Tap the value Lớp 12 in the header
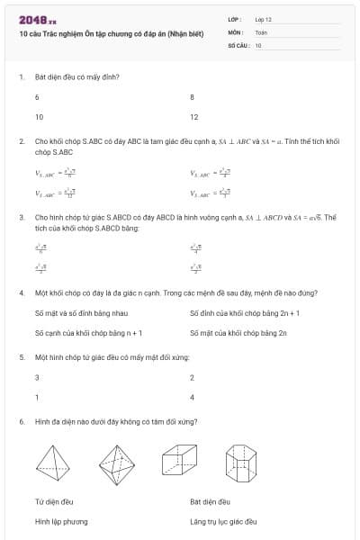tap(263, 19)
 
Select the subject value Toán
tap(261, 31)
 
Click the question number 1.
tap(21, 76)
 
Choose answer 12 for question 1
tap(193, 117)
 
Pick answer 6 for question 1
tap(37, 96)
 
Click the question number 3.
tap(21, 217)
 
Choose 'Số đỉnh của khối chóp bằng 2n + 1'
tap(232, 313)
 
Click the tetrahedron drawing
tap(56, 461)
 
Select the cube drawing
tap(177, 461)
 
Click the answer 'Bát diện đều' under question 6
tap(211, 501)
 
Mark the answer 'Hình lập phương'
tap(61, 521)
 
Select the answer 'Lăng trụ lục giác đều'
tap(223, 521)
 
